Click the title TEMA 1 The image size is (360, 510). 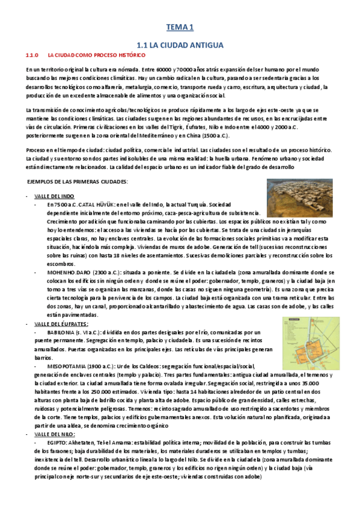[x=180, y=27]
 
